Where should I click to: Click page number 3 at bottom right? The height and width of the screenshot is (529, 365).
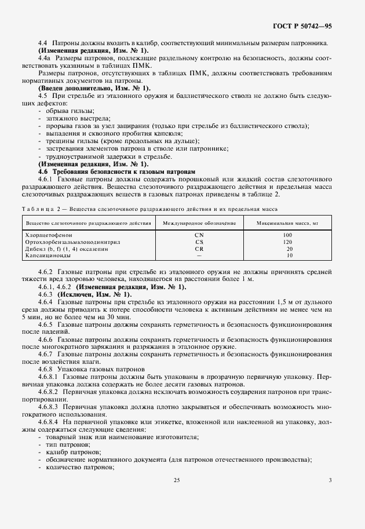click(x=330, y=480)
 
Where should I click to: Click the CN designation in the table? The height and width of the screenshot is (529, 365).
click(x=199, y=235)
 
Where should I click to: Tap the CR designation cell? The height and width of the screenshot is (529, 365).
click(x=199, y=248)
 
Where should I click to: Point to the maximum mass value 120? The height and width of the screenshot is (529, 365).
click(x=288, y=242)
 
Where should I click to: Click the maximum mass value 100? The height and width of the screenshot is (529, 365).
click(x=288, y=235)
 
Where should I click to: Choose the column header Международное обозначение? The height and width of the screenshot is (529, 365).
click(x=199, y=222)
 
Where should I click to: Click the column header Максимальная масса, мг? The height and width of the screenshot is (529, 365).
click(x=288, y=222)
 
